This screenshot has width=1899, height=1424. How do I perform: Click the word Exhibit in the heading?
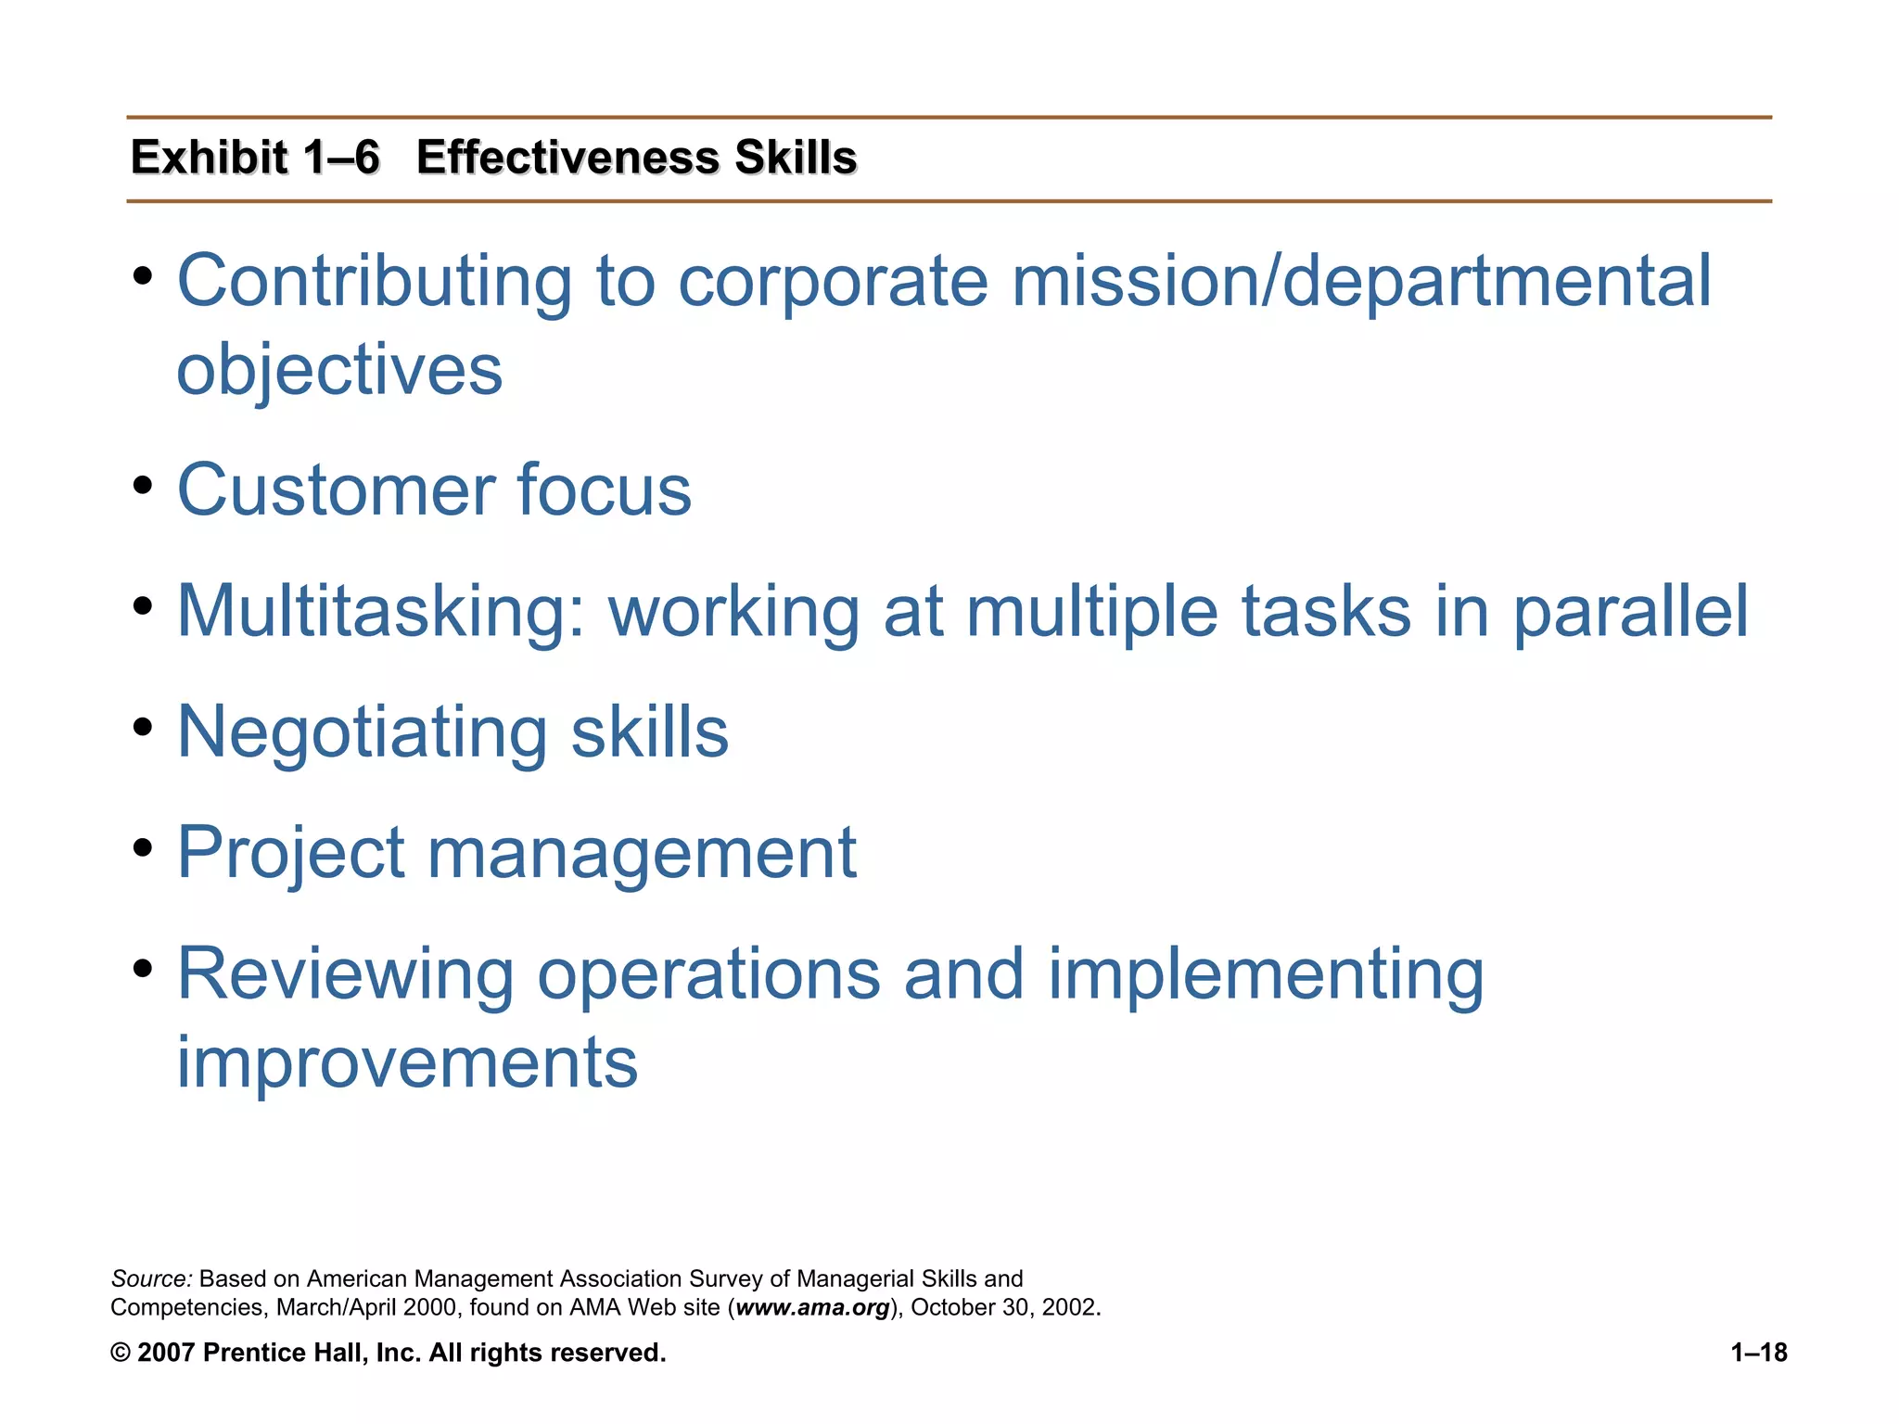point(210,157)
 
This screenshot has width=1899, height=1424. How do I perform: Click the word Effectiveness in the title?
point(567,157)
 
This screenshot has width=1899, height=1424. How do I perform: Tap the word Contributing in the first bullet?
point(374,281)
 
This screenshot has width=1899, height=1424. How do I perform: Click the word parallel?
point(1630,613)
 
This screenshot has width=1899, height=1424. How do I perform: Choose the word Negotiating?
point(362,732)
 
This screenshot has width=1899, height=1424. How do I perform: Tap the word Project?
point(290,853)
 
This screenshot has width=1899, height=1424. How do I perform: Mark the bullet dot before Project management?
point(142,846)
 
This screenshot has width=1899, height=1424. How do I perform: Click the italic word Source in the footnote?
point(150,1279)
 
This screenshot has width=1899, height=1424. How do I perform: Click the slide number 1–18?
point(1758,1354)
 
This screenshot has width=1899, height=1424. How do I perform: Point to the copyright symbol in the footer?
point(120,1354)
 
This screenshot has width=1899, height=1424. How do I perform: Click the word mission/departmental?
point(1360,281)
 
